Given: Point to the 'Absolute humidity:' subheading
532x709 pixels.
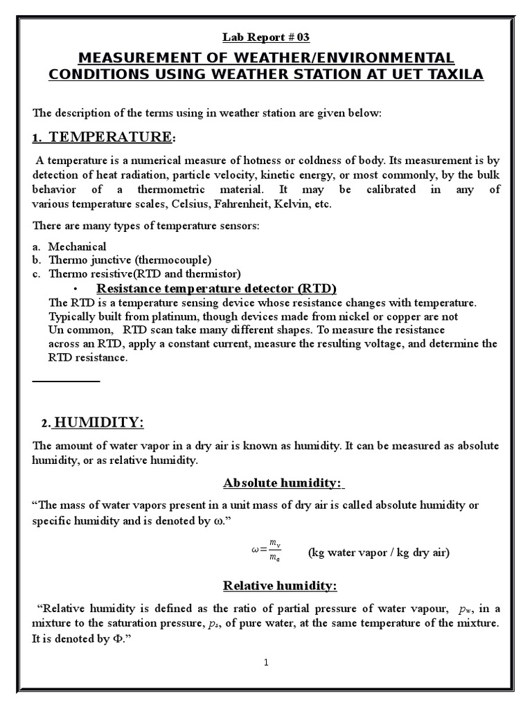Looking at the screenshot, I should tap(283, 483).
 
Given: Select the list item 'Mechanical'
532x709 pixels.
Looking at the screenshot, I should tap(78, 246).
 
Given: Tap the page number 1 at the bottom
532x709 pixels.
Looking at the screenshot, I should tap(266, 663).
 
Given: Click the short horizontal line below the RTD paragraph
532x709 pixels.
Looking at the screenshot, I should tap(66, 381).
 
